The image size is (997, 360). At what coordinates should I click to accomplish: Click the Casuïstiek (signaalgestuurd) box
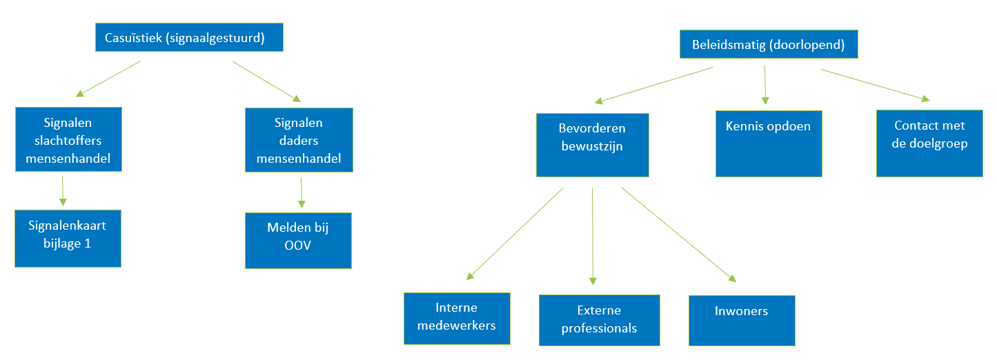pos(188,38)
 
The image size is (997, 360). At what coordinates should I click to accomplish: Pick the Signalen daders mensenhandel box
pos(299,141)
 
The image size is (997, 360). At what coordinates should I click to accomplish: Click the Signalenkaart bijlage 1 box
pos(68,238)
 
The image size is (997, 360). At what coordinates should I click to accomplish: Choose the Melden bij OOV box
pos(298,240)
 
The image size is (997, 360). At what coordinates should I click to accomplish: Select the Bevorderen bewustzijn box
pos(593,145)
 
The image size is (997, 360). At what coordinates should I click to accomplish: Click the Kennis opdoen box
pos(769,143)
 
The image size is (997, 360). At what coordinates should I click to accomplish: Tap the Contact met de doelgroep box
pos(929,143)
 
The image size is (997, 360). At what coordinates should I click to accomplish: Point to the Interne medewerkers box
pos(457,318)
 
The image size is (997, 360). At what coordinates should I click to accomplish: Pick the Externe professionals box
pos(599,320)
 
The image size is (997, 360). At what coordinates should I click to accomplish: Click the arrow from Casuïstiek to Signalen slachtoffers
pos(108,78)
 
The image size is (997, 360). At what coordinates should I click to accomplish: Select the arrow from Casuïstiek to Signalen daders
pos(267,81)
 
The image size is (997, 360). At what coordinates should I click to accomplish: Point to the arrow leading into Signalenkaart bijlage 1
pos(63,190)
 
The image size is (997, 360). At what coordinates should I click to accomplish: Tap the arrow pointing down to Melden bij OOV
pos(301,193)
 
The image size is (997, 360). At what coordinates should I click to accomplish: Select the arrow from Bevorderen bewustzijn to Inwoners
pos(678,234)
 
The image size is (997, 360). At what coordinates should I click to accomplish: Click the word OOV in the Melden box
pos(298,244)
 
